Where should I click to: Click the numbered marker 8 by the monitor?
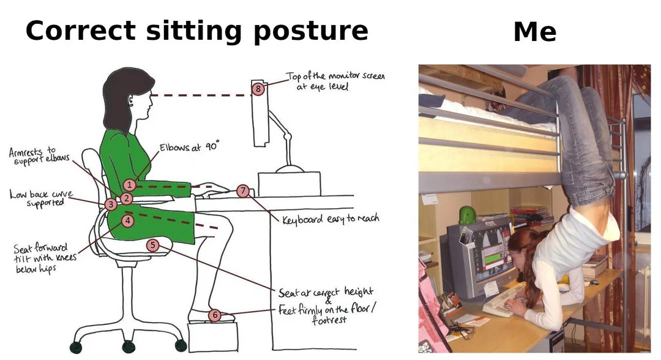coord(258,89)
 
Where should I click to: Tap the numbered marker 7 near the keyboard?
coord(243,191)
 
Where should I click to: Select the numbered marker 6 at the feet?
coord(214,315)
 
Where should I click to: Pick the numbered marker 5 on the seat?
coord(153,246)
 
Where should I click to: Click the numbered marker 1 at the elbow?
coord(129,184)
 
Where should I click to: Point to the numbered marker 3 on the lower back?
coord(111,204)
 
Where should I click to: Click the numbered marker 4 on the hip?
coord(127,220)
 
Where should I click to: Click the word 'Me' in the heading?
coord(534,32)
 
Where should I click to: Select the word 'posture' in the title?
coord(310,31)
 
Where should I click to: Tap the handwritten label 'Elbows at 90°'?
coord(189,148)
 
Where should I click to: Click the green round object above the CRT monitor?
coord(468,215)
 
